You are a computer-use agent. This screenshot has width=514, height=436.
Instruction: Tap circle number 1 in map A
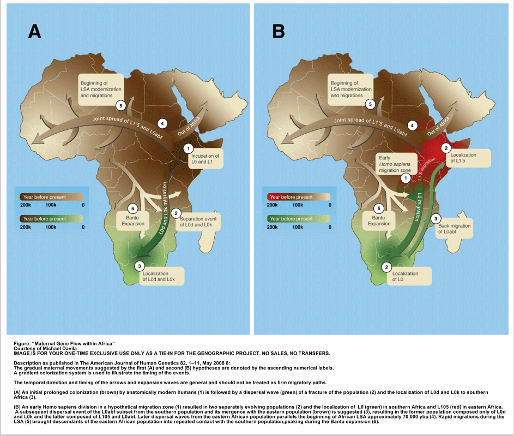click(188, 148)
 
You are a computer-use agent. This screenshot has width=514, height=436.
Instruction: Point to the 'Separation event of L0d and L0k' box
click(198, 222)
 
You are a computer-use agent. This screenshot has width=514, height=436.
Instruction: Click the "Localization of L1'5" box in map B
click(465, 159)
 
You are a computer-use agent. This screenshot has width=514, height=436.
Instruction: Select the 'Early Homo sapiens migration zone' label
click(397, 164)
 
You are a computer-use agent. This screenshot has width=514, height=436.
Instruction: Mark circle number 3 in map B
click(436, 218)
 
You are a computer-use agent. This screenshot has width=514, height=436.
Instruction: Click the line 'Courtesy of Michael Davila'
click(45, 348)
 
